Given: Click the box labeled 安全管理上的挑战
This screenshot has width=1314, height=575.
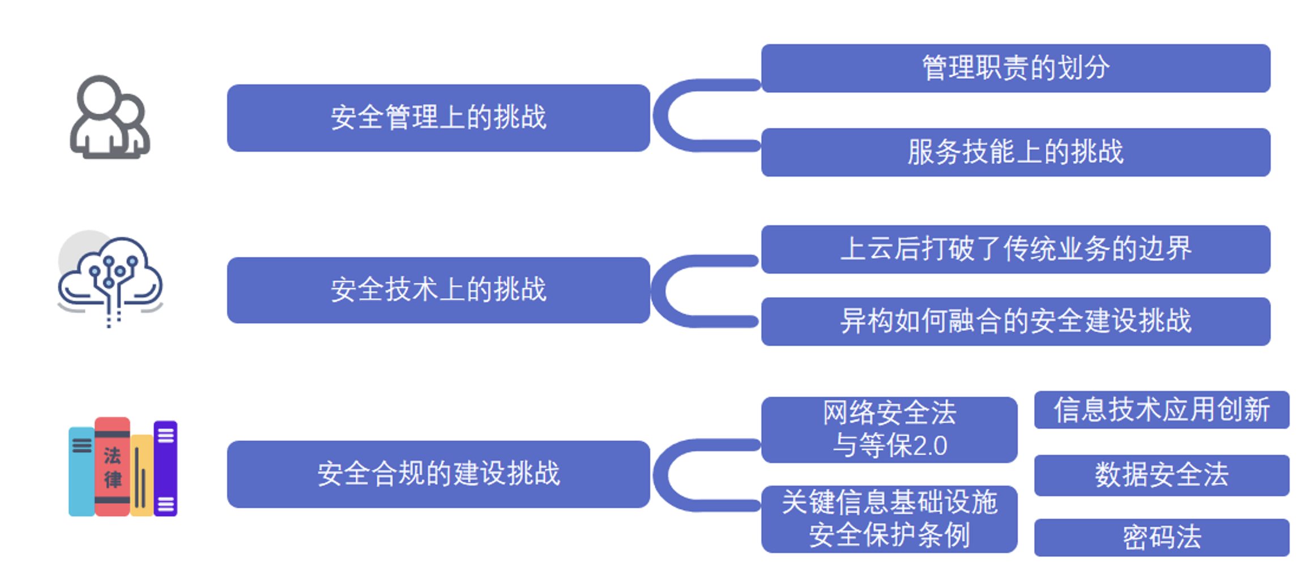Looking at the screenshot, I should pyautogui.click(x=438, y=118).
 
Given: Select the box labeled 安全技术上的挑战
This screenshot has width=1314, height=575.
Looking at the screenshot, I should pyautogui.click(x=438, y=290).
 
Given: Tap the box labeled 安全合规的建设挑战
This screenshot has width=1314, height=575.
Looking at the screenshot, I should pyautogui.click(x=438, y=474).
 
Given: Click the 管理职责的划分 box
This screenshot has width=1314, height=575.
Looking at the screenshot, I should pyautogui.click(x=1015, y=68).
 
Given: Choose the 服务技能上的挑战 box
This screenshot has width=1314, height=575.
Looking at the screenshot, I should pyautogui.click(x=1015, y=152).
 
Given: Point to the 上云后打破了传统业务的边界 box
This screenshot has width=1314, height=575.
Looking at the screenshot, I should pyautogui.click(x=1015, y=249).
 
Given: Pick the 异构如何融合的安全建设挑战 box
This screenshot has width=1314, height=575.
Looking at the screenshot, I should pyautogui.click(x=1015, y=321).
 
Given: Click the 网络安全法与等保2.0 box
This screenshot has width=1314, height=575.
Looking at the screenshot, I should pyautogui.click(x=889, y=430).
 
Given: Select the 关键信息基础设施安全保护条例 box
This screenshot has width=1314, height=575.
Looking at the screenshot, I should pyautogui.click(x=889, y=519).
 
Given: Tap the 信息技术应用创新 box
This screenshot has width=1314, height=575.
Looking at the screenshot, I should pyautogui.click(x=1161, y=410).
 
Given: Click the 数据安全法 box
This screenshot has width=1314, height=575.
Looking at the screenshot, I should pyautogui.click(x=1161, y=475).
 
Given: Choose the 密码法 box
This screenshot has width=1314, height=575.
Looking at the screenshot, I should pyautogui.click(x=1161, y=537).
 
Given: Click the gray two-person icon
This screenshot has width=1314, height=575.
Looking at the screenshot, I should pyautogui.click(x=109, y=118).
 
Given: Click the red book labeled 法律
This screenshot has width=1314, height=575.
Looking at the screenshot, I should pyautogui.click(x=112, y=467).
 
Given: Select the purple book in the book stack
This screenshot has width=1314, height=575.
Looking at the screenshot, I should pyautogui.click(x=165, y=468).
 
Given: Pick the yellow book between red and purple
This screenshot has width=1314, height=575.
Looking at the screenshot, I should pyautogui.click(x=142, y=475).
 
